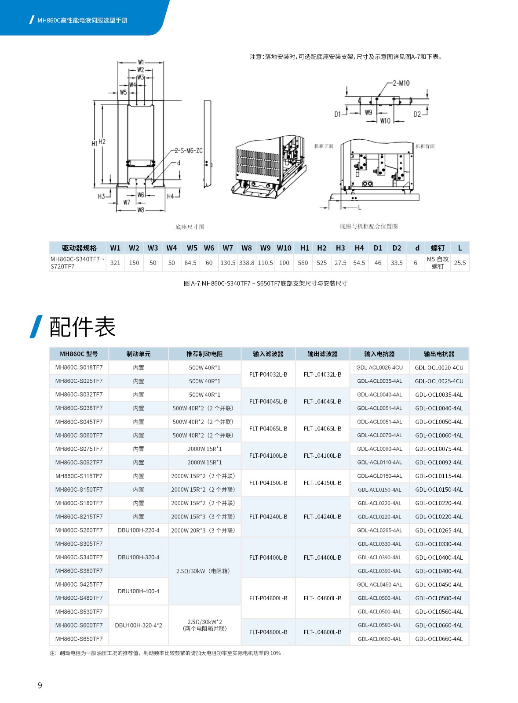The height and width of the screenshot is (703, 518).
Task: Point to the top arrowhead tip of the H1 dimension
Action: coord(94,101)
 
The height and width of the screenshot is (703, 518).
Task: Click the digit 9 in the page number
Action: coord(40,685)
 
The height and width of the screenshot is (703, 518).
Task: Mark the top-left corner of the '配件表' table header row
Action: coord(49,348)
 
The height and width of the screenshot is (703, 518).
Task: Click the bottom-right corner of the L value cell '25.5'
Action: coord(469,271)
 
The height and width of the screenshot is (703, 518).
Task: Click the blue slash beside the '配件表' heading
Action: coord(36,327)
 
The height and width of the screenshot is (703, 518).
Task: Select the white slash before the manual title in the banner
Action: coord(31,20)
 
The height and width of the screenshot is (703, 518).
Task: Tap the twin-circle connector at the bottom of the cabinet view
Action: coord(367,184)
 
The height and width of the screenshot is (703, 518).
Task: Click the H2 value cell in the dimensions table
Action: coord(322,263)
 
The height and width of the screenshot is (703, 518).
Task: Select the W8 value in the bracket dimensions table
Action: coord(247,263)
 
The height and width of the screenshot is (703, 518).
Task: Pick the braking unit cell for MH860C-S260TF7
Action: coord(139,530)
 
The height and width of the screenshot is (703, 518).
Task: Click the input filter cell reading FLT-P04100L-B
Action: coord(268,456)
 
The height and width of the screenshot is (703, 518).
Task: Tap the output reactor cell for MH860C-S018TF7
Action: coord(439,367)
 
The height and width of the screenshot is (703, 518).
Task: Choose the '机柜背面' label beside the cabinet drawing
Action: coord(425,146)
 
